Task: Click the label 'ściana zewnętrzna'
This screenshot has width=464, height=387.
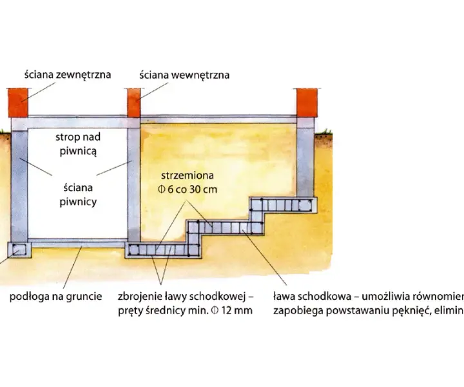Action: tap(68, 75)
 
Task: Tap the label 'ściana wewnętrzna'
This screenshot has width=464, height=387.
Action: tap(184, 75)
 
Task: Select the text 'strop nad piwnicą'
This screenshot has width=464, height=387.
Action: tap(78, 144)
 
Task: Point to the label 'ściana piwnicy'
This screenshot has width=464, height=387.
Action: tap(78, 195)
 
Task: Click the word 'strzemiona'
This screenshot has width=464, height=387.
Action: tap(188, 175)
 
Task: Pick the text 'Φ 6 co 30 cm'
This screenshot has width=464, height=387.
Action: tap(188, 190)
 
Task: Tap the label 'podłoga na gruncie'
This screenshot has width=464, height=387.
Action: tap(55, 297)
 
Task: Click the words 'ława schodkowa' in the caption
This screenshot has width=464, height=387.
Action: tap(312, 297)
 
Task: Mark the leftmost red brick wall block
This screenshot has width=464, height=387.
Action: tap(18, 103)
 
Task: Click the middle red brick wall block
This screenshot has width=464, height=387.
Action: tap(134, 103)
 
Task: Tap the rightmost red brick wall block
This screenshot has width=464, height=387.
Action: tap(307, 103)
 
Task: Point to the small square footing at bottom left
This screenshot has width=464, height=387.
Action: tap(19, 250)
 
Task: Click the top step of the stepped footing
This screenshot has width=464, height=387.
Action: tap(284, 205)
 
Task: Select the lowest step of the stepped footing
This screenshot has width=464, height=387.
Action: tap(163, 250)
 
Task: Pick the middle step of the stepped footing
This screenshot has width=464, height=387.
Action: tap(226, 228)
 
